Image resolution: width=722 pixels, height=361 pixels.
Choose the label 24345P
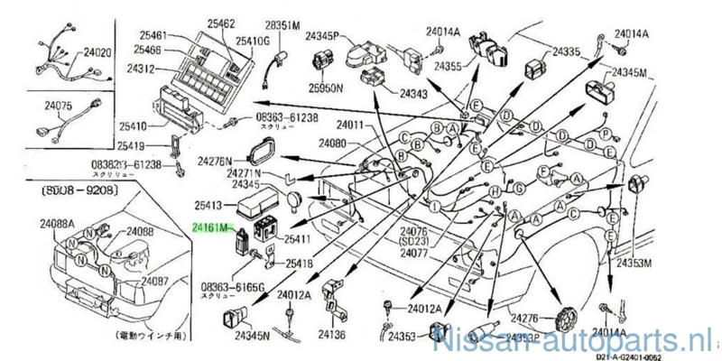click(x=321, y=37)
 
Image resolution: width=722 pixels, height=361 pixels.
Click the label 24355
click(x=449, y=66)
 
